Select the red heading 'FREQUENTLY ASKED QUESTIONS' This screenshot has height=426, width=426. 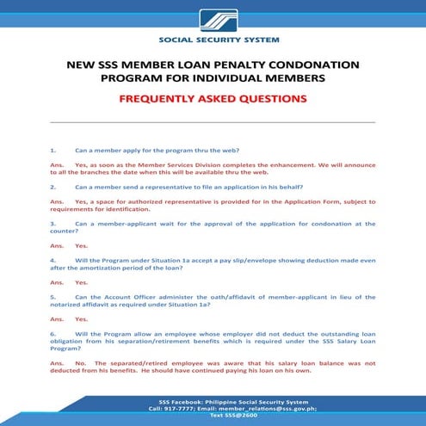[x=213, y=99]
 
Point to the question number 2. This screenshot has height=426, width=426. [x=52, y=186]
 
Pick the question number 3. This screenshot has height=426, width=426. [x=52, y=224]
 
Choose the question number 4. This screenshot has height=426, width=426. [x=52, y=259]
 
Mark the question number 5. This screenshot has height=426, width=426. [x=52, y=295]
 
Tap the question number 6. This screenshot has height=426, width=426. [x=52, y=331]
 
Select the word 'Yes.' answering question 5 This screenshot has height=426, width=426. [x=82, y=318]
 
